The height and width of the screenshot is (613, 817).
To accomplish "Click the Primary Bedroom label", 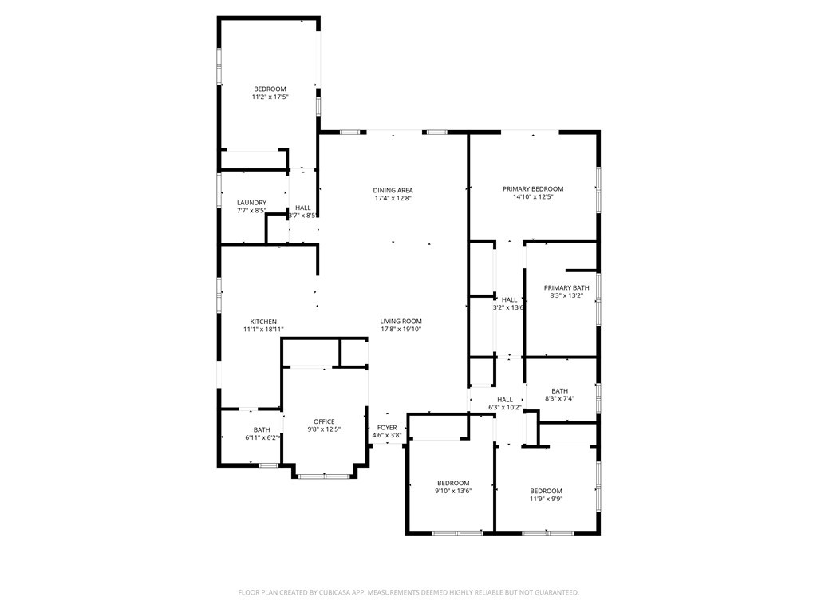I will pos(532,189).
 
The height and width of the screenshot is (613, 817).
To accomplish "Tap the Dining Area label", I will pos(393,190).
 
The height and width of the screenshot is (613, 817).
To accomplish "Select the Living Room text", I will pos(401,321).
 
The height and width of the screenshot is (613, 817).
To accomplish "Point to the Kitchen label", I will pos(263,322).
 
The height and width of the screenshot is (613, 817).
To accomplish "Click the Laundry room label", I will pos(251,203).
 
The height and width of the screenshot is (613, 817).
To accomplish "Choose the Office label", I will pos(324,421).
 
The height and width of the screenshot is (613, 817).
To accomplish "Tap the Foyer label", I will pos(386,428).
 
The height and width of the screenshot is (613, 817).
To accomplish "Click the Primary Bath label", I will pos(566,287).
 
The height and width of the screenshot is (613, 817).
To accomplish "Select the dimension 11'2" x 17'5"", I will pos(270,97).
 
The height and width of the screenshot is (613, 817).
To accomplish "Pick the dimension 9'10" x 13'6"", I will pos(453,491).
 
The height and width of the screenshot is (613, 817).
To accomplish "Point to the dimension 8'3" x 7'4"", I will pos(559,398).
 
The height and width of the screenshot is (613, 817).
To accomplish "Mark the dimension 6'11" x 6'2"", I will pos(262,437).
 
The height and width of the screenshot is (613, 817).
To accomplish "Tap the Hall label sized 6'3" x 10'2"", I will pos(504,400).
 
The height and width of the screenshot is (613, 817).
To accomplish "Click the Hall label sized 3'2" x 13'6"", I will pos(509,299).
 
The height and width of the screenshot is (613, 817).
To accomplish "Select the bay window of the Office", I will pos(324,477).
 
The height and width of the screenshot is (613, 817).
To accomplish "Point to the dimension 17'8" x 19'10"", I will pos(401,329).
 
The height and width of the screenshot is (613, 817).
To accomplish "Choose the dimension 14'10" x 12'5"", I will pos(532,196).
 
